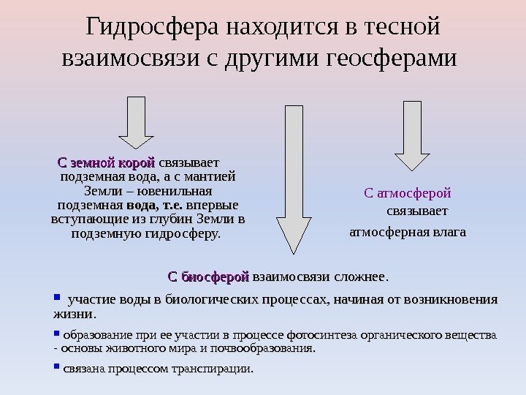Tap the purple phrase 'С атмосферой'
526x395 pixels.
pyautogui.click(x=407, y=194)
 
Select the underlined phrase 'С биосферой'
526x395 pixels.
pyautogui.click(x=209, y=277)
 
